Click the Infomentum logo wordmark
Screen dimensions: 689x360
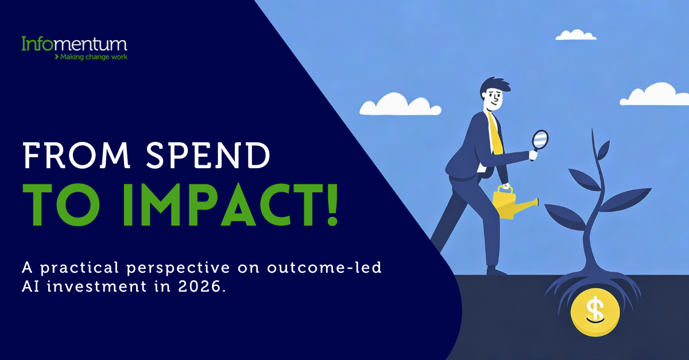tap(74, 44)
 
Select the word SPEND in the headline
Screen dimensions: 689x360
tap(208, 156)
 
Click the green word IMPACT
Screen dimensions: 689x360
tap(219, 205)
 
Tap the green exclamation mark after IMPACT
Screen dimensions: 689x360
tap(332, 205)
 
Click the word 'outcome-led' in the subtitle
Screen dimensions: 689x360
tap(324, 267)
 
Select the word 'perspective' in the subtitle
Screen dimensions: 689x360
tap(178, 268)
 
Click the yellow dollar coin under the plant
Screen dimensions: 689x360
tap(595, 312)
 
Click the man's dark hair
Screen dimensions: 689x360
tap(494, 86)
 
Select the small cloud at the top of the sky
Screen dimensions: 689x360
tap(576, 35)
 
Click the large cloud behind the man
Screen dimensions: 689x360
tap(400, 104)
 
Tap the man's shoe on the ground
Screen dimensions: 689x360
tap(497, 271)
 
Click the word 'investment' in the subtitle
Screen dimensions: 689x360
tap(96, 287)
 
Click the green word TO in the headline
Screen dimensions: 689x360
tap(61, 205)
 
